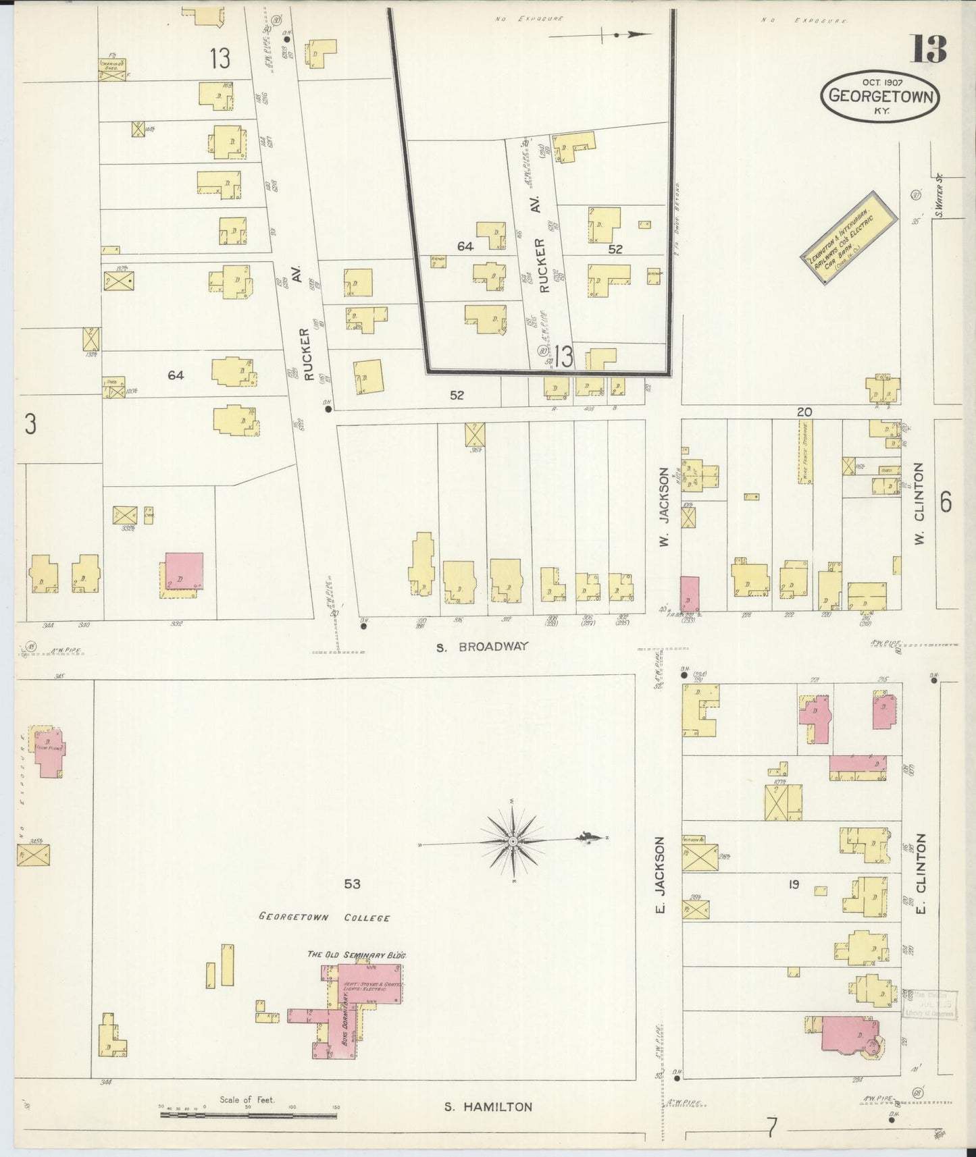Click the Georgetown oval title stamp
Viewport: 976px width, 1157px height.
click(x=880, y=97)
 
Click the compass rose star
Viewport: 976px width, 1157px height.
click(x=513, y=841)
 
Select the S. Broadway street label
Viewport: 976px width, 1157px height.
click(x=481, y=647)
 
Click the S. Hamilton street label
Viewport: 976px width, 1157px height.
click(x=488, y=1107)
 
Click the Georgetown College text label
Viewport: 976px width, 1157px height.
click(x=324, y=917)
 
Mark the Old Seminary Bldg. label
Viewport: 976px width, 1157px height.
click(x=356, y=954)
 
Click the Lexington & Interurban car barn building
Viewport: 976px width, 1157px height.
click(x=849, y=238)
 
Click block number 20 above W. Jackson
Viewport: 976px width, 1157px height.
click(x=804, y=412)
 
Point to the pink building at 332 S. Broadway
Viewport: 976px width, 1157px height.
click(x=184, y=571)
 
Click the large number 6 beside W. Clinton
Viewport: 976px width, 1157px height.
click(x=945, y=502)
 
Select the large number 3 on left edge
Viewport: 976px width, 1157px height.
click(x=30, y=424)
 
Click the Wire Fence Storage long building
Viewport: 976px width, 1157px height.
click(x=804, y=452)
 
